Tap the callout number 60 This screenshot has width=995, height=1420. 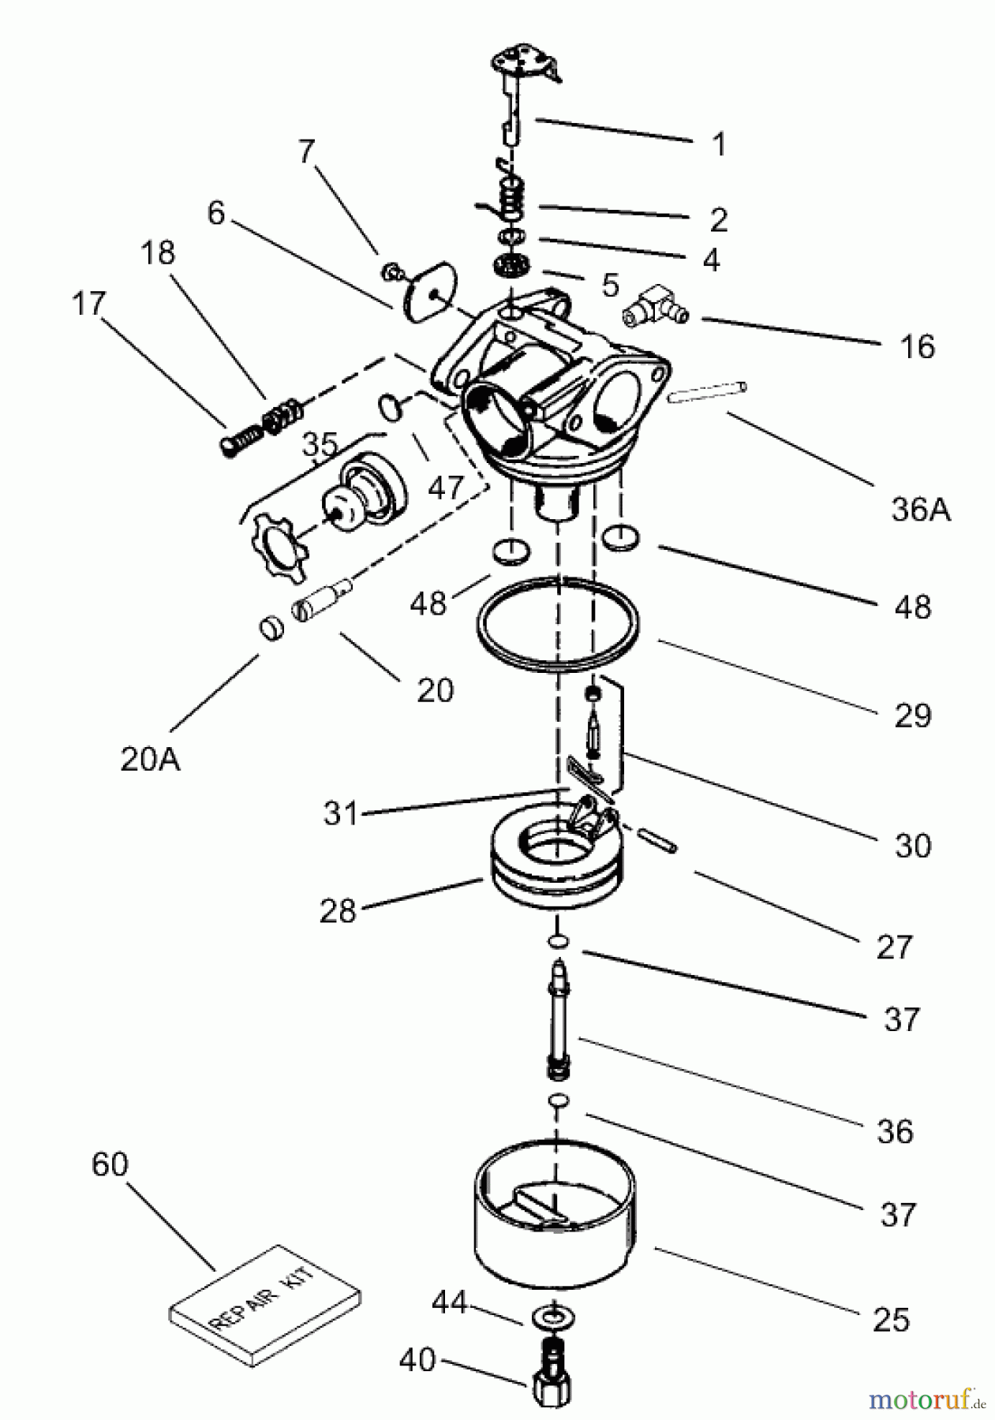[110, 1164]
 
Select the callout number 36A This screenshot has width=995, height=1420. [922, 510]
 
